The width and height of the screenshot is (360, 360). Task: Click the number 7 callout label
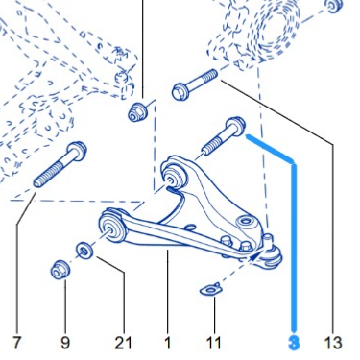(17, 343)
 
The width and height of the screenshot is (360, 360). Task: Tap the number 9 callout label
(65, 343)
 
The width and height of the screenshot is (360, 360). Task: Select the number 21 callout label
(123, 343)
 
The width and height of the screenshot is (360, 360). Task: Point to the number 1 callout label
(168, 343)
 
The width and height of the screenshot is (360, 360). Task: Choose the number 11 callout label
(214, 343)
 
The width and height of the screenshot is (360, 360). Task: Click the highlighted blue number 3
(294, 343)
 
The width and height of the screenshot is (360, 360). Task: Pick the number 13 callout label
(333, 343)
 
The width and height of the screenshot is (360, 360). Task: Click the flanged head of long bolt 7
(77, 150)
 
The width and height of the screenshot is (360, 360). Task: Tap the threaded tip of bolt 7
(37, 183)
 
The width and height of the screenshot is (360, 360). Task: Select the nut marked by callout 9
(60, 271)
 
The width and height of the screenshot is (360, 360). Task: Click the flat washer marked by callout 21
(84, 251)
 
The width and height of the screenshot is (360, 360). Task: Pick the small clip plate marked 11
(210, 289)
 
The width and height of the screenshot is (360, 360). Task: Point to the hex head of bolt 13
(180, 91)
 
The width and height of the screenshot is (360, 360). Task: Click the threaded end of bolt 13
(212, 75)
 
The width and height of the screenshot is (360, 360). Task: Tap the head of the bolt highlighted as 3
(236, 125)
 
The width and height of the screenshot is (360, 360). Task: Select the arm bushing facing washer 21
(111, 228)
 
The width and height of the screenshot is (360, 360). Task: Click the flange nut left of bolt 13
(137, 111)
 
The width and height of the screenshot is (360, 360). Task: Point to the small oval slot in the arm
(190, 227)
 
